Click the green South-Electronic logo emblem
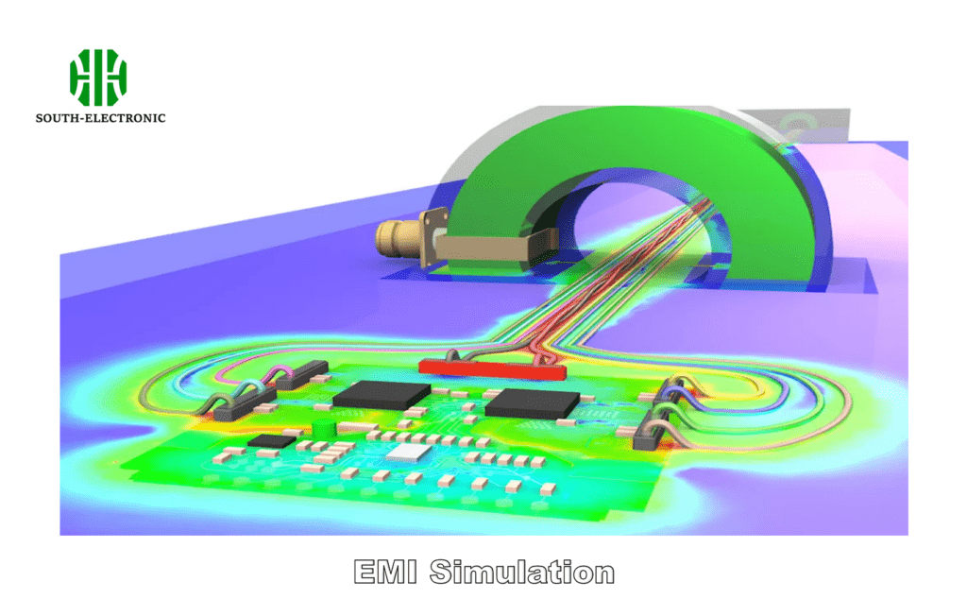point(98,77)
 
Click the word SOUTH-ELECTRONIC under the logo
point(100,118)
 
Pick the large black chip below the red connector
point(531,402)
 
